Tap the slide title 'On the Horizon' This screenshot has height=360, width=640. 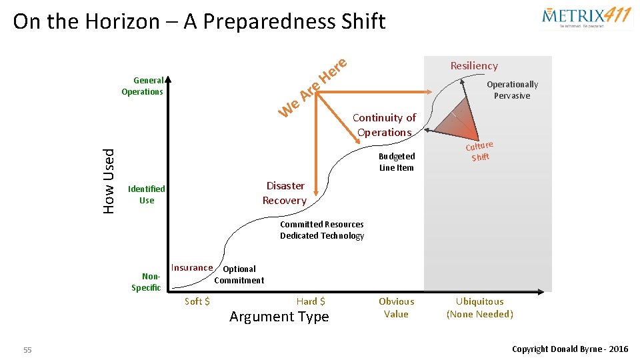[199, 21]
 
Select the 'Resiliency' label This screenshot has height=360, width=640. [474, 65]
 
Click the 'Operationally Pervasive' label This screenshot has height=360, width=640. [512, 90]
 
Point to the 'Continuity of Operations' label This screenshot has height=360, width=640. [385, 125]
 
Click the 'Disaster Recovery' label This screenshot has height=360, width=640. [285, 193]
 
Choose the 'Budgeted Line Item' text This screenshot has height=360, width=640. [397, 162]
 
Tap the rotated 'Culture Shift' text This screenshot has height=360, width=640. [479, 151]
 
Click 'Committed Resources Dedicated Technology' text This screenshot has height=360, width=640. [322, 230]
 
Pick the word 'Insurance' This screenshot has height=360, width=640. [192, 268]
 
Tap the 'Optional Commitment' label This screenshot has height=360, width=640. [239, 275]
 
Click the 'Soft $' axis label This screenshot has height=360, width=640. [197, 301]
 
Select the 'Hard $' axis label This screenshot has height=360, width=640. [311, 301]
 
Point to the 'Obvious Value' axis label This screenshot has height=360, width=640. [396, 307]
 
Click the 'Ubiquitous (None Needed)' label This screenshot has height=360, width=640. [480, 307]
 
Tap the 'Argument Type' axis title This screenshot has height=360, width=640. [279, 317]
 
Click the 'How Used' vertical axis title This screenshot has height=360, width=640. [109, 181]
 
